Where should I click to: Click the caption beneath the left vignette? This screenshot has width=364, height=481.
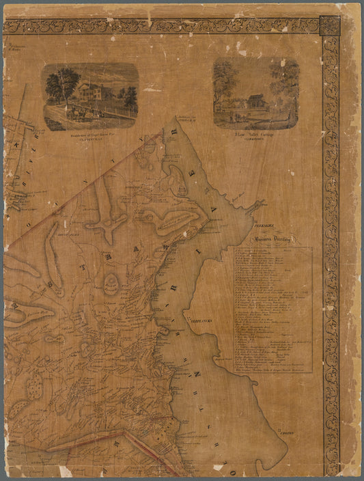click(x=91, y=137)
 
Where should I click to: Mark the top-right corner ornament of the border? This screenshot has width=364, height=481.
click(x=330, y=26)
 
